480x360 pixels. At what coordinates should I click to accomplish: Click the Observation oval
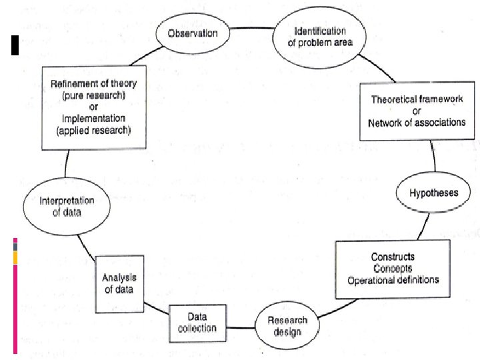pyautogui.click(x=193, y=33)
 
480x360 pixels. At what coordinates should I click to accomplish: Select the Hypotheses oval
pyautogui.click(x=433, y=192)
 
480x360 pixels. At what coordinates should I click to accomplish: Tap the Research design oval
pyautogui.click(x=287, y=326)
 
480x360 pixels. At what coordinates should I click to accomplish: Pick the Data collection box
pyautogui.click(x=198, y=323)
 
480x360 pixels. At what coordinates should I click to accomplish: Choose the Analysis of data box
pyautogui.click(x=119, y=284)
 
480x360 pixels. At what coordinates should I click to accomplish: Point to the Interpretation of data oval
pyautogui.click(x=67, y=206)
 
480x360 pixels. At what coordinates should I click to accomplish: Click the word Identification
pyautogui.click(x=320, y=31)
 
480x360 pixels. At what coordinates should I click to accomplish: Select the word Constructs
pyautogui.click(x=393, y=257)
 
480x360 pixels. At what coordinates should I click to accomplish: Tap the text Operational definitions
pyautogui.click(x=393, y=280)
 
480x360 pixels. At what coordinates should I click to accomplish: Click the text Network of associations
pyautogui.click(x=417, y=123)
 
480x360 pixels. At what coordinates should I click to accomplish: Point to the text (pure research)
pyautogui.click(x=94, y=95)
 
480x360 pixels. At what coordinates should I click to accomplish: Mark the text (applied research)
pyautogui.click(x=94, y=131)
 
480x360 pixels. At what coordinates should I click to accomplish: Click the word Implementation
pyautogui.click(x=94, y=119)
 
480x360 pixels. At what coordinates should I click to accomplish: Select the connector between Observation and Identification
pyautogui.click(x=251, y=28)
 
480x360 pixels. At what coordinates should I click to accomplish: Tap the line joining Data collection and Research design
pyautogui.click(x=241, y=327)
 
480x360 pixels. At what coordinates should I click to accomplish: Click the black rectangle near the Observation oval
pyautogui.click(x=15, y=45)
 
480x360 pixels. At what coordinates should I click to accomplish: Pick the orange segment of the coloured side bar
pyautogui.click(x=15, y=258)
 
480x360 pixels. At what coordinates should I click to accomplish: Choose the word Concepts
pyautogui.click(x=393, y=269)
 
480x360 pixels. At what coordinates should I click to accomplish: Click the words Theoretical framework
pyautogui.click(x=417, y=99)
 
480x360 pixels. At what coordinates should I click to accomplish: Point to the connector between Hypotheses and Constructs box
pyautogui.click(x=424, y=227)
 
